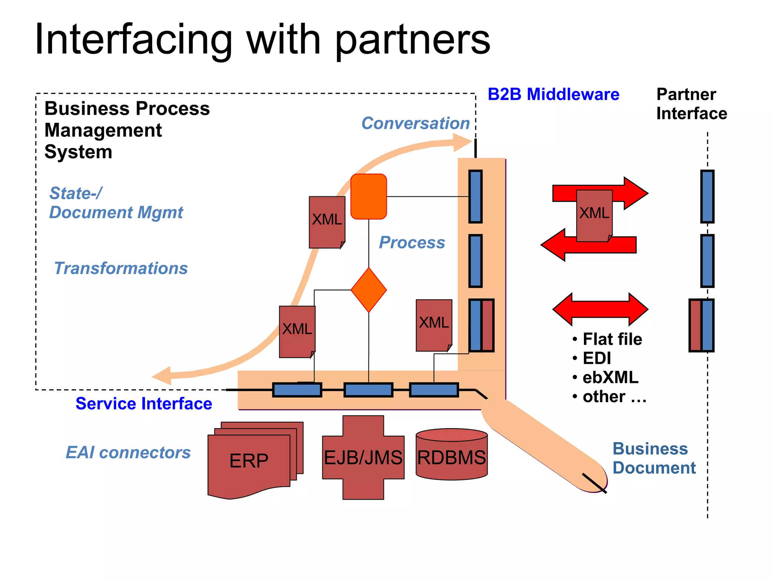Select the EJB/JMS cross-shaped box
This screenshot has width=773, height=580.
click(363, 458)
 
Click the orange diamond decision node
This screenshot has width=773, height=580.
click(369, 290)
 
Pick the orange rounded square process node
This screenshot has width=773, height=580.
click(369, 196)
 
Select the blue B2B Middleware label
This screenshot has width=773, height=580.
click(553, 94)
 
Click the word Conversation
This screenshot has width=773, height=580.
click(416, 123)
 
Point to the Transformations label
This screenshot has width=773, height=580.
click(121, 268)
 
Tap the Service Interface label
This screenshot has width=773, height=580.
click(144, 404)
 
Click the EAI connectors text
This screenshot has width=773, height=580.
click(128, 452)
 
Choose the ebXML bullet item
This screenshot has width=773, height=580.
click(610, 378)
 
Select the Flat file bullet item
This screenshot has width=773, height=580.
click(612, 339)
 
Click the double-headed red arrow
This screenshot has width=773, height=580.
click(600, 309)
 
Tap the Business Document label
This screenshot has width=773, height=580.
click(654, 458)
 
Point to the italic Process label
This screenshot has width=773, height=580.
click(412, 242)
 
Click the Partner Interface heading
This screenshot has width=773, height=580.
click(691, 104)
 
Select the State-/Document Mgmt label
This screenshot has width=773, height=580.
click(116, 203)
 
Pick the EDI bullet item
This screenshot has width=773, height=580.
click(596, 358)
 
